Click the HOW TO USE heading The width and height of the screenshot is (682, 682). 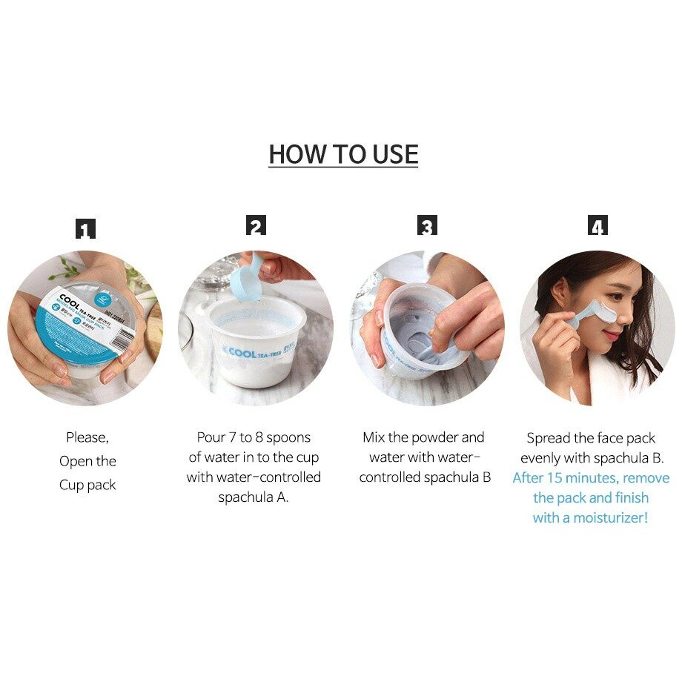tap(343, 154)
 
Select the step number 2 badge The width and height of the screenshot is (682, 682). tap(256, 226)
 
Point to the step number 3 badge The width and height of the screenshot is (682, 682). tap(427, 226)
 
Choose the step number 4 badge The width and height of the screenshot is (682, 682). tap(597, 226)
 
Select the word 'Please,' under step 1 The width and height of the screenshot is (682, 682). tap(87, 437)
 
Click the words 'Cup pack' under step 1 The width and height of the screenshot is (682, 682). tap(87, 486)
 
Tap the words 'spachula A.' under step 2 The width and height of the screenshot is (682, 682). tap(254, 497)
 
